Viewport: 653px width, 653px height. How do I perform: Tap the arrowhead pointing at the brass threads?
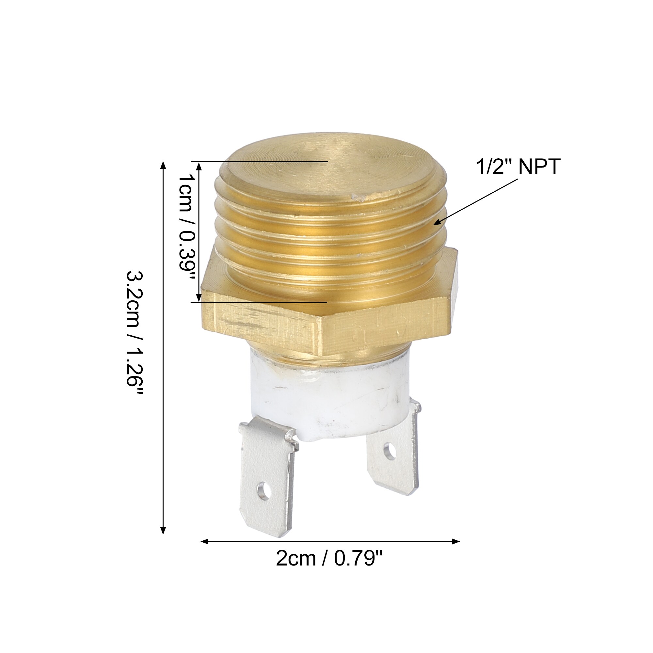tap(438, 221)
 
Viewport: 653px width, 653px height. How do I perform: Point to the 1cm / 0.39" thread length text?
tap(187, 227)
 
